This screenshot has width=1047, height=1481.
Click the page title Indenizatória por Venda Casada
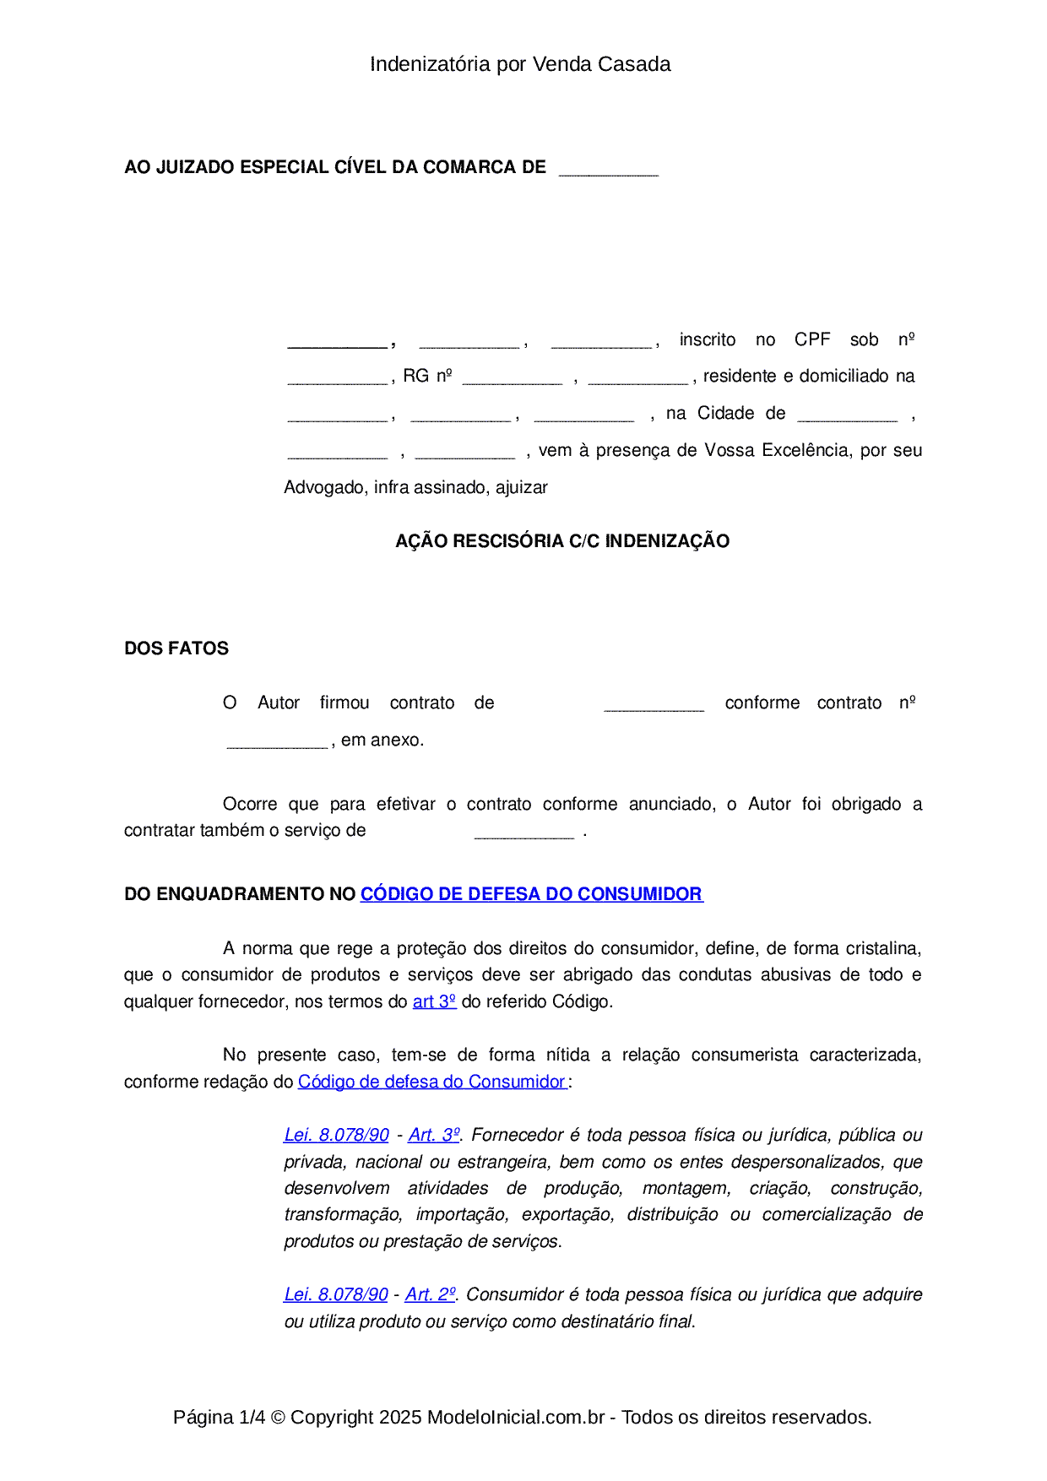(520, 64)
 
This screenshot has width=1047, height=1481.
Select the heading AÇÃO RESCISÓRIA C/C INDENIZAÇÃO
(562, 541)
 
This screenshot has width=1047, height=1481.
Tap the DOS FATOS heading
(176, 648)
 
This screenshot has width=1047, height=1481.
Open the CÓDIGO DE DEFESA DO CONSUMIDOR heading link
(531, 894)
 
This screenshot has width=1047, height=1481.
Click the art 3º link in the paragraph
(434, 1001)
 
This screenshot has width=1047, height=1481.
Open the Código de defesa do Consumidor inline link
(431, 1082)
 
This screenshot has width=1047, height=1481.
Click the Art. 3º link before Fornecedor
(434, 1135)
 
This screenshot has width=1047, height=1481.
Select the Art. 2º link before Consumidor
(431, 1294)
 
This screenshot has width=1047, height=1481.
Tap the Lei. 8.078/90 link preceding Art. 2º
(336, 1294)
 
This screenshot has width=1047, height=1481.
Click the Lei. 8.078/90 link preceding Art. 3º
(336, 1135)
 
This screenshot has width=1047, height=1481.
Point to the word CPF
(812, 339)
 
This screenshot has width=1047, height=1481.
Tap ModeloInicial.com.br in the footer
(516, 1417)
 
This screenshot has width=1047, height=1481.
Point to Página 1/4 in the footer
(219, 1417)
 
